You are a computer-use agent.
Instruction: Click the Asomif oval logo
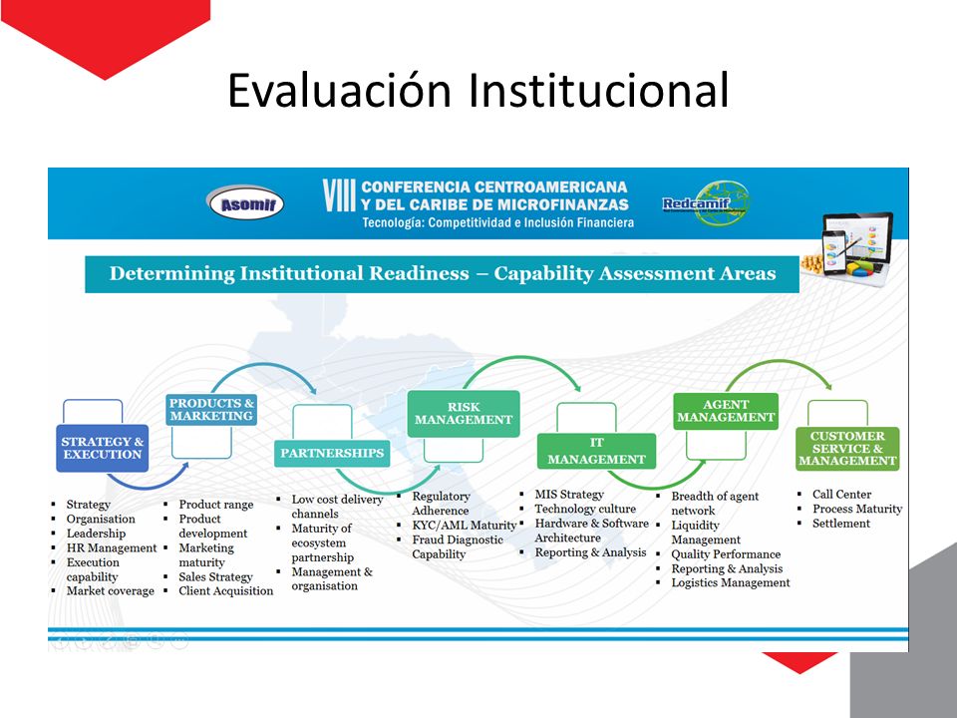tap(245, 202)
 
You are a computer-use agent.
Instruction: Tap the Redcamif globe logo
tap(707, 203)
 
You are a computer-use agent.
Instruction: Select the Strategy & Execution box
tap(103, 448)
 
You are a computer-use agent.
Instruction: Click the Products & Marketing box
tap(211, 410)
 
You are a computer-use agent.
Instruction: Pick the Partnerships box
tap(332, 453)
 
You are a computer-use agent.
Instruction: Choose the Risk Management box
tap(464, 413)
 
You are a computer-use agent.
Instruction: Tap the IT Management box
tap(596, 451)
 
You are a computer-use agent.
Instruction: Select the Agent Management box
tap(726, 411)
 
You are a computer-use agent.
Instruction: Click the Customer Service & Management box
tap(847, 449)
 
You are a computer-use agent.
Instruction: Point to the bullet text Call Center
tap(841, 494)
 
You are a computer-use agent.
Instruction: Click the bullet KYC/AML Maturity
tap(464, 526)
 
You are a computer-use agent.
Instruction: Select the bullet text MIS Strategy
tap(569, 494)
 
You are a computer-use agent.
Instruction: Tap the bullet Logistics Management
tap(731, 582)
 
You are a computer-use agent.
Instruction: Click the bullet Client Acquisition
tap(226, 591)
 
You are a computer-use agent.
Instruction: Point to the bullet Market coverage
tap(111, 591)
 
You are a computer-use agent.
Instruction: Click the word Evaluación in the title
tap(339, 90)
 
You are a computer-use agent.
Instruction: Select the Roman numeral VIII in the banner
tap(339, 195)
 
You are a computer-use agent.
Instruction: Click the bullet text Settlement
tap(841, 524)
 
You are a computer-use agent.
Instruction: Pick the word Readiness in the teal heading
tap(419, 273)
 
